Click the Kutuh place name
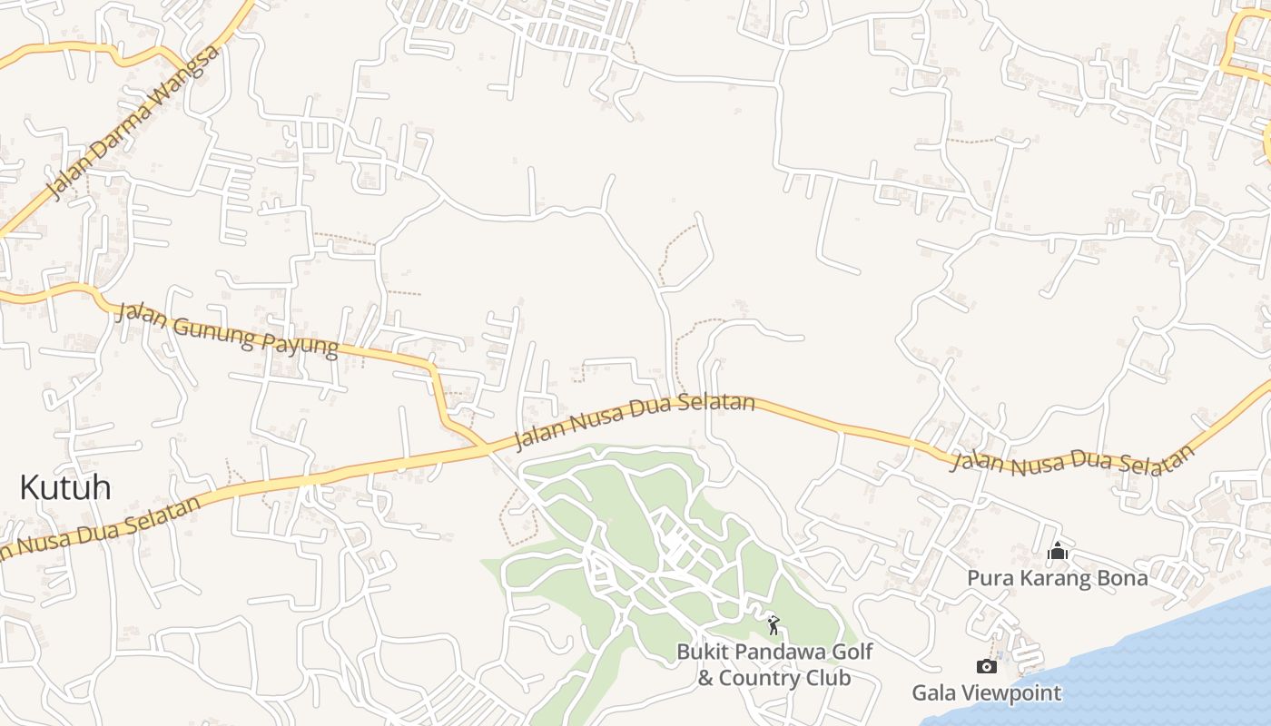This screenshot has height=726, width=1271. [x=65, y=487]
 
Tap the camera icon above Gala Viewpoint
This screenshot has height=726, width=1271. [x=986, y=667]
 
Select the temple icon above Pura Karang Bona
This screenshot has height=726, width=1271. [x=1057, y=551]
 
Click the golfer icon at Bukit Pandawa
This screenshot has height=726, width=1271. [x=773, y=625]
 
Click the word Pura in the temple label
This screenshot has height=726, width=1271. [x=987, y=578]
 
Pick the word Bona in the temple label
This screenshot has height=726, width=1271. [x=1123, y=578]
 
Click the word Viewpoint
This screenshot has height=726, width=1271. [x=1009, y=693]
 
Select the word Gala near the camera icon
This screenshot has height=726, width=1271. [x=931, y=693]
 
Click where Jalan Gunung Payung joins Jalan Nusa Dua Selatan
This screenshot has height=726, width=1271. [x=486, y=446]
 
